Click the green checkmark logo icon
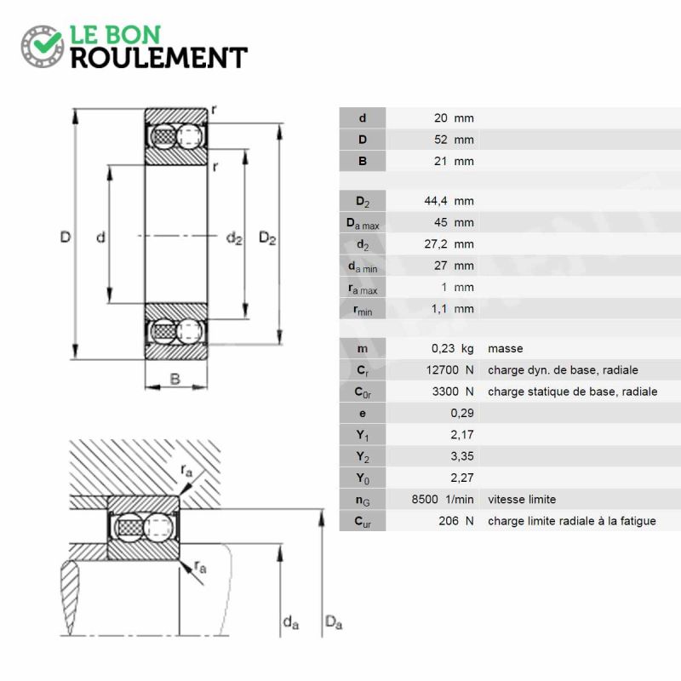click(x=42, y=45)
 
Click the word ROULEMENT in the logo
click(x=158, y=57)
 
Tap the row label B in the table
click(x=363, y=161)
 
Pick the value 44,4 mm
click(x=449, y=201)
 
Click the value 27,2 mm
click(x=449, y=244)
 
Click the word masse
click(x=505, y=348)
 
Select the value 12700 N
click(x=449, y=370)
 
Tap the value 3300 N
click(x=453, y=392)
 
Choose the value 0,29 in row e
click(x=462, y=413)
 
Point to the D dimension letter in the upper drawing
click(x=65, y=237)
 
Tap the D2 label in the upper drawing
click(x=267, y=239)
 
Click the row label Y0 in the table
click(x=363, y=478)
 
